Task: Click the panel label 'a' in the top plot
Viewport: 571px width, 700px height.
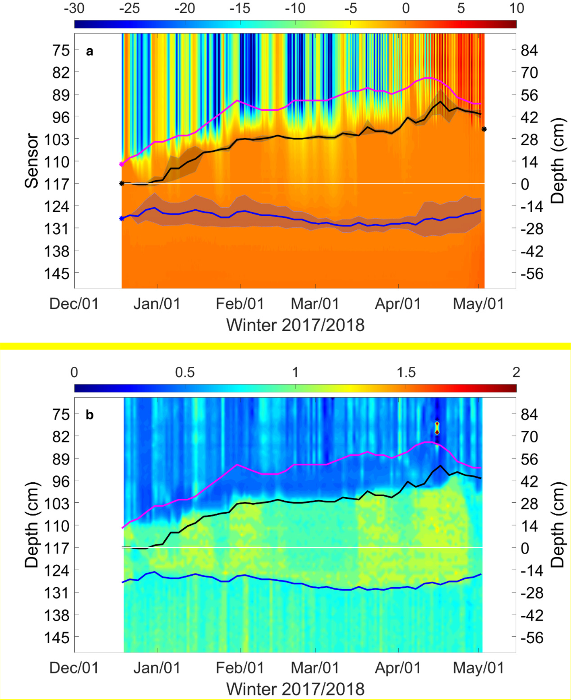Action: pos(89,52)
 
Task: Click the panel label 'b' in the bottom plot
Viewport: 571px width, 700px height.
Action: pos(89,415)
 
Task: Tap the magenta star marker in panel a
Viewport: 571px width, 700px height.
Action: pos(122,164)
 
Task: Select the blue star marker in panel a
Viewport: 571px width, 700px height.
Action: pos(122,219)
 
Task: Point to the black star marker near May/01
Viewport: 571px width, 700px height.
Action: pos(484,130)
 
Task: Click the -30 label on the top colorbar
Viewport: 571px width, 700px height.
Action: pos(74,8)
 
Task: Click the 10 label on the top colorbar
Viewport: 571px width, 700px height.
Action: pos(516,8)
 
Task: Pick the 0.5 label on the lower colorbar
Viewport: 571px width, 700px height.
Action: pos(185,372)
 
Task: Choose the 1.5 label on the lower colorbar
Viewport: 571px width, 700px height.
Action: pos(406,372)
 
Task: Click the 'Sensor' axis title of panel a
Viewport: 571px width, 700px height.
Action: pos(32,161)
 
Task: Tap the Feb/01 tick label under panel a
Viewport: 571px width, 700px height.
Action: pos(240,304)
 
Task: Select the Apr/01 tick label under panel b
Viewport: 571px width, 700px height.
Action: pos(398,668)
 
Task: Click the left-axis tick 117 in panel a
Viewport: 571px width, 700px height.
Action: pos(59,184)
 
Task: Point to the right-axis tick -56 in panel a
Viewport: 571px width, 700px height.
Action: pos(532,274)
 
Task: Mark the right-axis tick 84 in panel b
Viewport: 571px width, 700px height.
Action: pos(529,414)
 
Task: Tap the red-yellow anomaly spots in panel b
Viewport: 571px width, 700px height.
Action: pos(437,428)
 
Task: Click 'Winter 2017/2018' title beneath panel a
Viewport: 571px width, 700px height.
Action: pos(295,325)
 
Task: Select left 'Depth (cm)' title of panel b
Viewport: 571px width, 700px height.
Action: pos(32,525)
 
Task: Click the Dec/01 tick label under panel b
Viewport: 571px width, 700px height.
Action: pos(74,668)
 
